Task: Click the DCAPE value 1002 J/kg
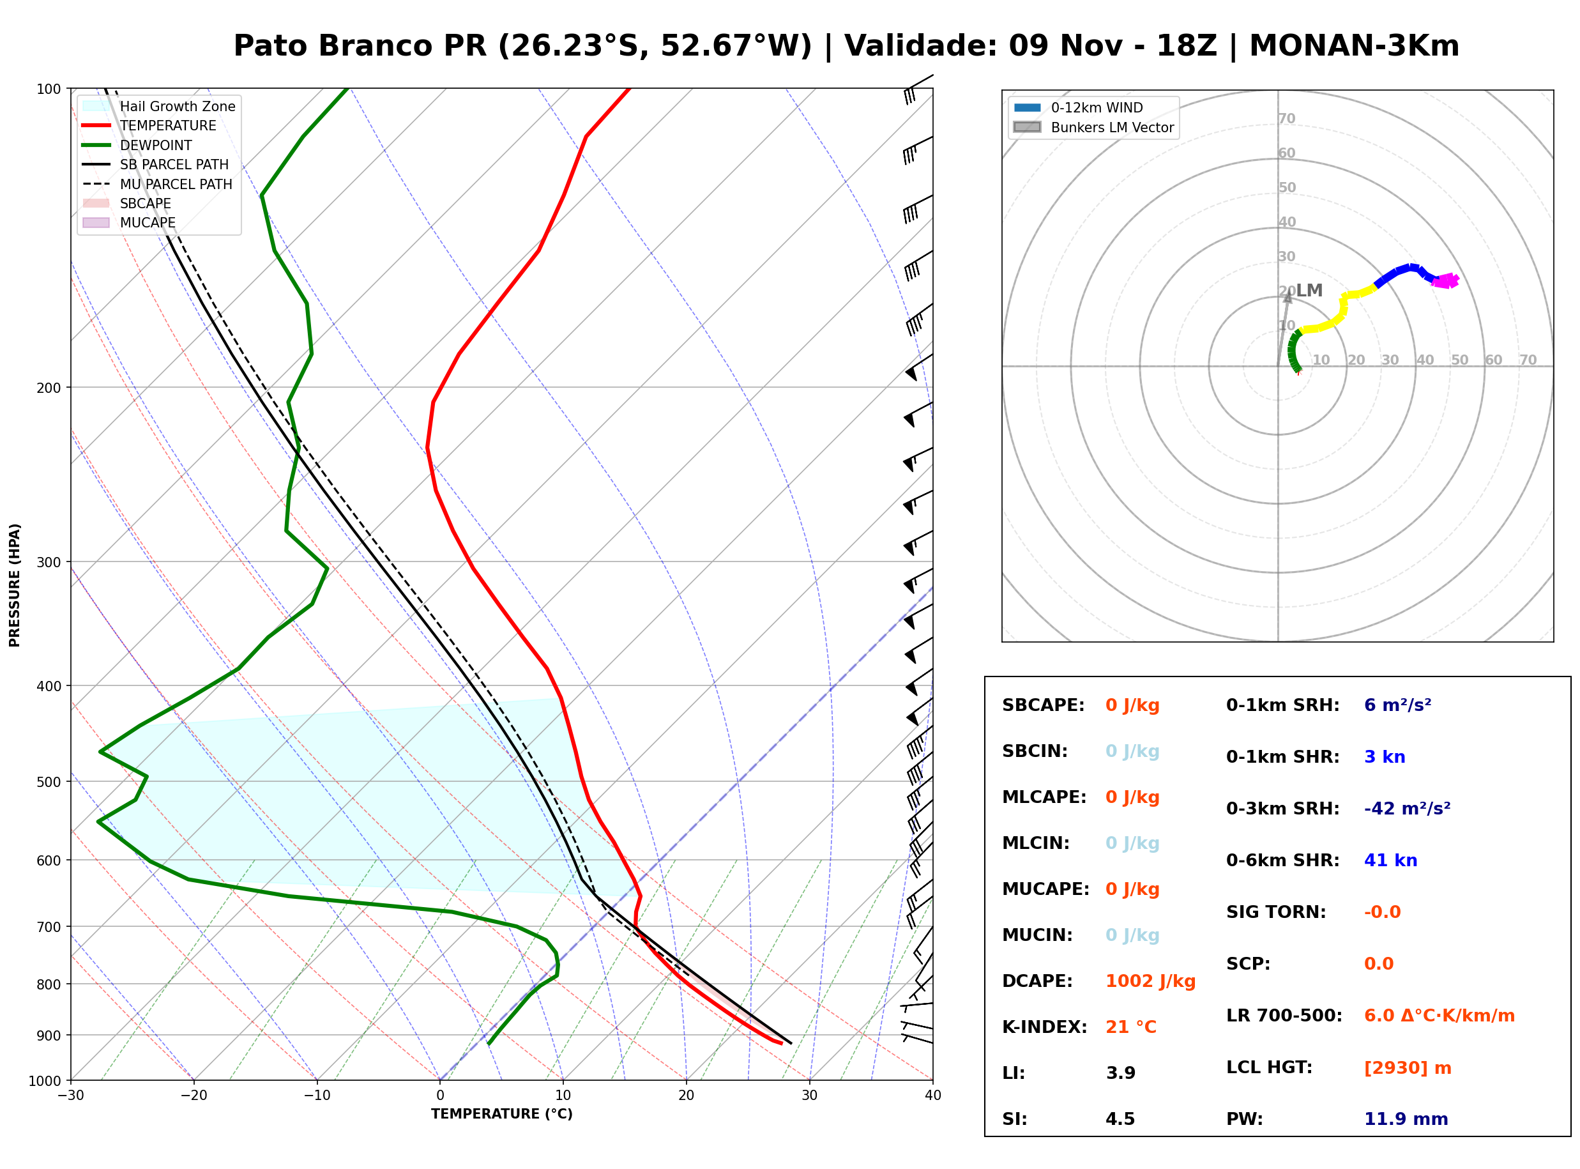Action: [x=1150, y=981]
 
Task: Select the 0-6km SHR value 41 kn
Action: [x=1390, y=860]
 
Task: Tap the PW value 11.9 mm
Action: [x=1406, y=1119]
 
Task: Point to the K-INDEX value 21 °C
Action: [x=1131, y=1027]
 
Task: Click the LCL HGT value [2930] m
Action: [x=1408, y=1068]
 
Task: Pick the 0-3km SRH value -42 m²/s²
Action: [x=1408, y=808]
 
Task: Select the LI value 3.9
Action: [x=1120, y=1073]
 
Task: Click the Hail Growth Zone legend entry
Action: [x=159, y=106]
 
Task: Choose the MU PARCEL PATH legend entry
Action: [x=158, y=184]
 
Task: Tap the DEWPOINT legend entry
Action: [x=137, y=145]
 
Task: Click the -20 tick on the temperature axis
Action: [x=193, y=1095]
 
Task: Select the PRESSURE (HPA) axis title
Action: [x=15, y=585]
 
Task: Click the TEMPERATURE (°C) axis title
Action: [x=501, y=1114]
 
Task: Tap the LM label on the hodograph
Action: [x=1309, y=290]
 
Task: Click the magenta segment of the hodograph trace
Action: [x=1445, y=281]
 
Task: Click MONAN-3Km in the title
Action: [x=1354, y=45]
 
